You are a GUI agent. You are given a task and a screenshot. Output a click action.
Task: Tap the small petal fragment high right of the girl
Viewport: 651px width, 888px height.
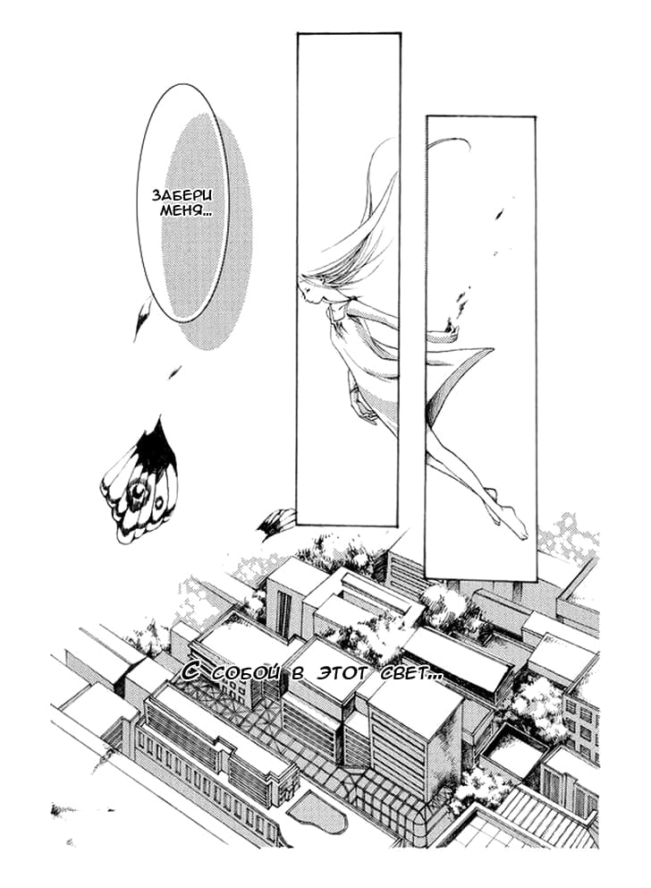pos(499,214)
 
